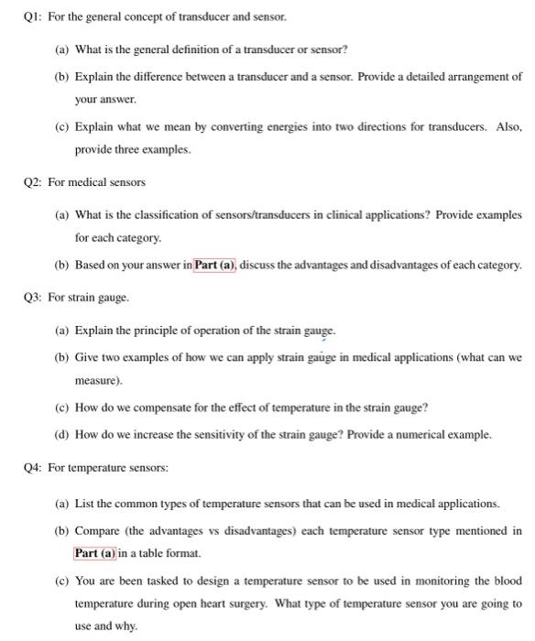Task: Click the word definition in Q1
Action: [x=209, y=49]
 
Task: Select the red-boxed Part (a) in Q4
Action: [x=97, y=553]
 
